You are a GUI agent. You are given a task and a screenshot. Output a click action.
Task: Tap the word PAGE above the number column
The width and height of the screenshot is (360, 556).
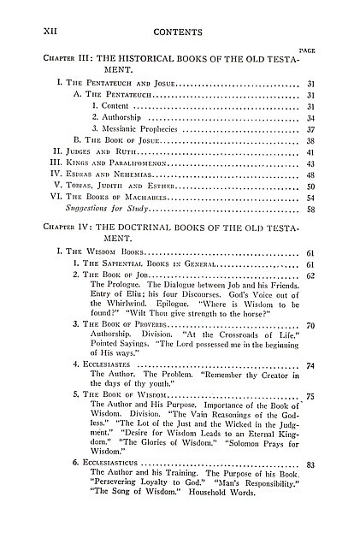[x=308, y=51]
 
